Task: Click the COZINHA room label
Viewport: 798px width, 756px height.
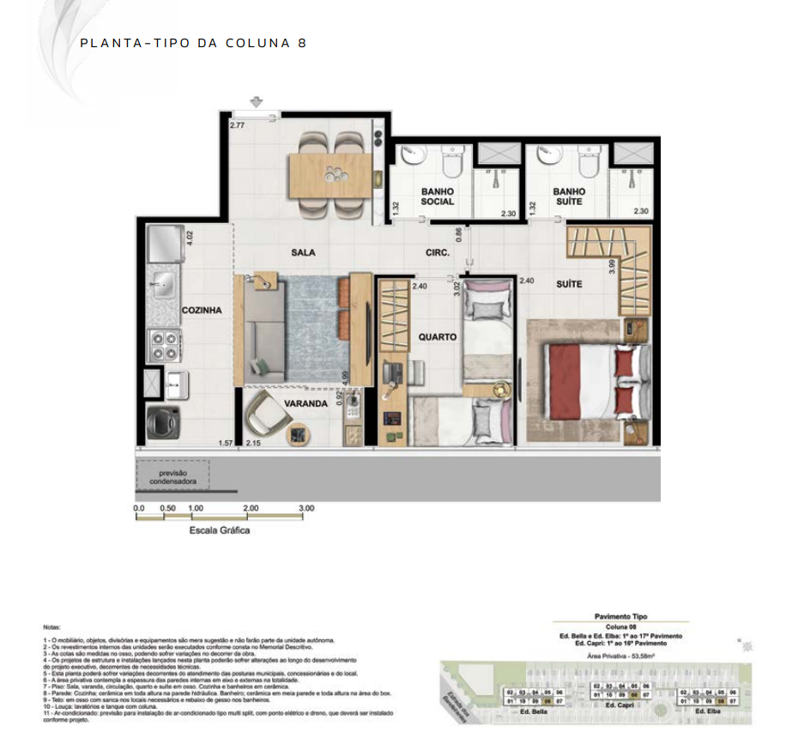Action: [202, 311]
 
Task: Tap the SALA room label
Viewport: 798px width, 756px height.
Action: [303, 252]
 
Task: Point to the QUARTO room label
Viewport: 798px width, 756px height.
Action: [438, 337]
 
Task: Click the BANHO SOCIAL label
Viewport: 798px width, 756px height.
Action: [438, 197]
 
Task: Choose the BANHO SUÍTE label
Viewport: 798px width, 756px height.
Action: [570, 197]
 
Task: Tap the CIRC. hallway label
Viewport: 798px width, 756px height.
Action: [437, 252]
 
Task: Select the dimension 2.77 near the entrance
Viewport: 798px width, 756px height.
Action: [238, 125]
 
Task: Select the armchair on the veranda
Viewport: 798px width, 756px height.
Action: [266, 420]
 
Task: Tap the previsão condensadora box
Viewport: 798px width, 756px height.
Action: [172, 478]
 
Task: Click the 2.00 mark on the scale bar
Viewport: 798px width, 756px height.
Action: [251, 508]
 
